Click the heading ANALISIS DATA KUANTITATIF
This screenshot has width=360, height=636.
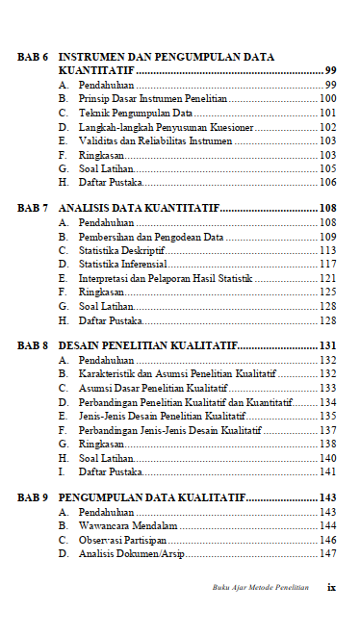[139, 208]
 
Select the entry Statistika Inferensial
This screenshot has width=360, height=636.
[122, 264]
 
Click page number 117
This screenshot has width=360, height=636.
[327, 264]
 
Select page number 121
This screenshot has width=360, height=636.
[327, 278]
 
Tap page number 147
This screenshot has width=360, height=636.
[327, 553]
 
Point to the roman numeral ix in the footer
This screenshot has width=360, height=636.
[331, 586]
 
